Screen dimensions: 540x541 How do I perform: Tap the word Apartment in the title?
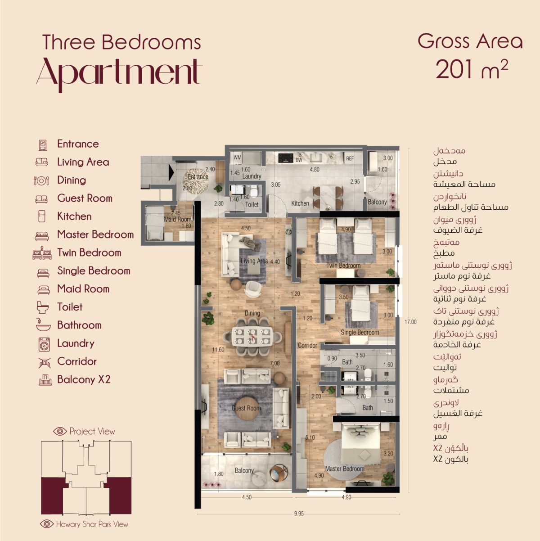coord(119,74)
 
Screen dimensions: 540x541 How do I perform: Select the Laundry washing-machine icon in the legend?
coord(44,344)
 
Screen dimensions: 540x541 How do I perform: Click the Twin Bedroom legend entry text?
coord(89,252)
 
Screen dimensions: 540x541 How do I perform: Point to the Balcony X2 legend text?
coord(84,379)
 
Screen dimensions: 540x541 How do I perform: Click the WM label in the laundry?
coord(238,158)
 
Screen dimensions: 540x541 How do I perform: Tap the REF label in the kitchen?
coord(350,158)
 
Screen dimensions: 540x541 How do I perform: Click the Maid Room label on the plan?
coord(178,219)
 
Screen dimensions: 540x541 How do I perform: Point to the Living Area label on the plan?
coord(254,261)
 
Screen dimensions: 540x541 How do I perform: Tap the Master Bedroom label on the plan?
coord(345,469)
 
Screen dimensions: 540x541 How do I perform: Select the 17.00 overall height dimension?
coord(410,322)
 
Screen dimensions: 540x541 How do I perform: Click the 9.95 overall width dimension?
coord(299,514)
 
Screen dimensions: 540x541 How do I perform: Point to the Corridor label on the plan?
coord(307,345)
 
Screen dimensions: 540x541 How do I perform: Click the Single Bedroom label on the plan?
coord(360,333)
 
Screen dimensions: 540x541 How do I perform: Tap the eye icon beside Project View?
coord(60,431)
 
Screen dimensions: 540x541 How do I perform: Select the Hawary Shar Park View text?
coord(92,524)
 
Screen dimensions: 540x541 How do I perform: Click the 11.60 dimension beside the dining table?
coord(218,350)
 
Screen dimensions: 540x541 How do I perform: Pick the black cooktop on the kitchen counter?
coord(286,158)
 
